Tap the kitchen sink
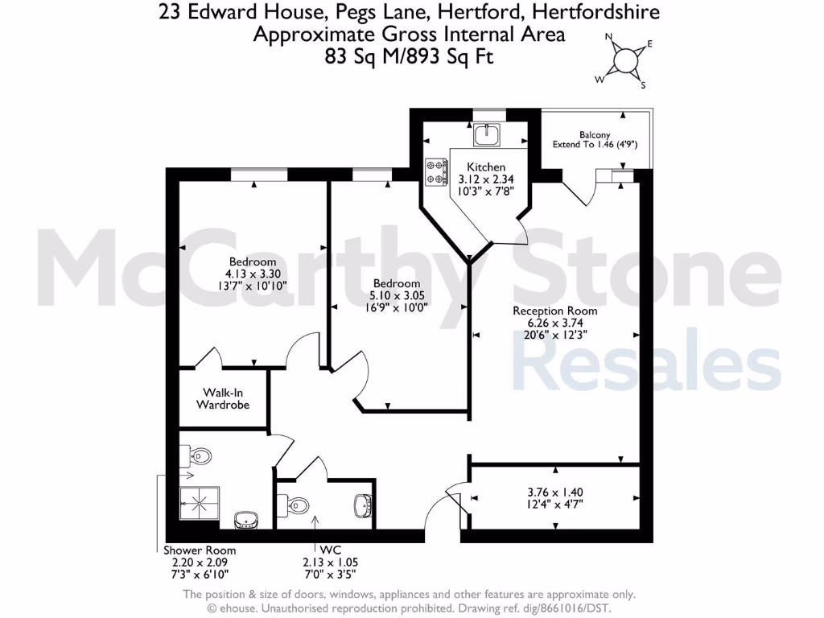coord(488,135)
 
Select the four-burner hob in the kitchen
coord(436,170)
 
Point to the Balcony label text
coord(595,135)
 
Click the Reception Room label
coord(556,311)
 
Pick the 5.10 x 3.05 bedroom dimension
coord(396,295)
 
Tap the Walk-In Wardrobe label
coord(223,398)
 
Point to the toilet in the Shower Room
coord(199,457)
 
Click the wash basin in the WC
coord(363,505)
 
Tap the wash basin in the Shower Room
coord(245,521)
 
